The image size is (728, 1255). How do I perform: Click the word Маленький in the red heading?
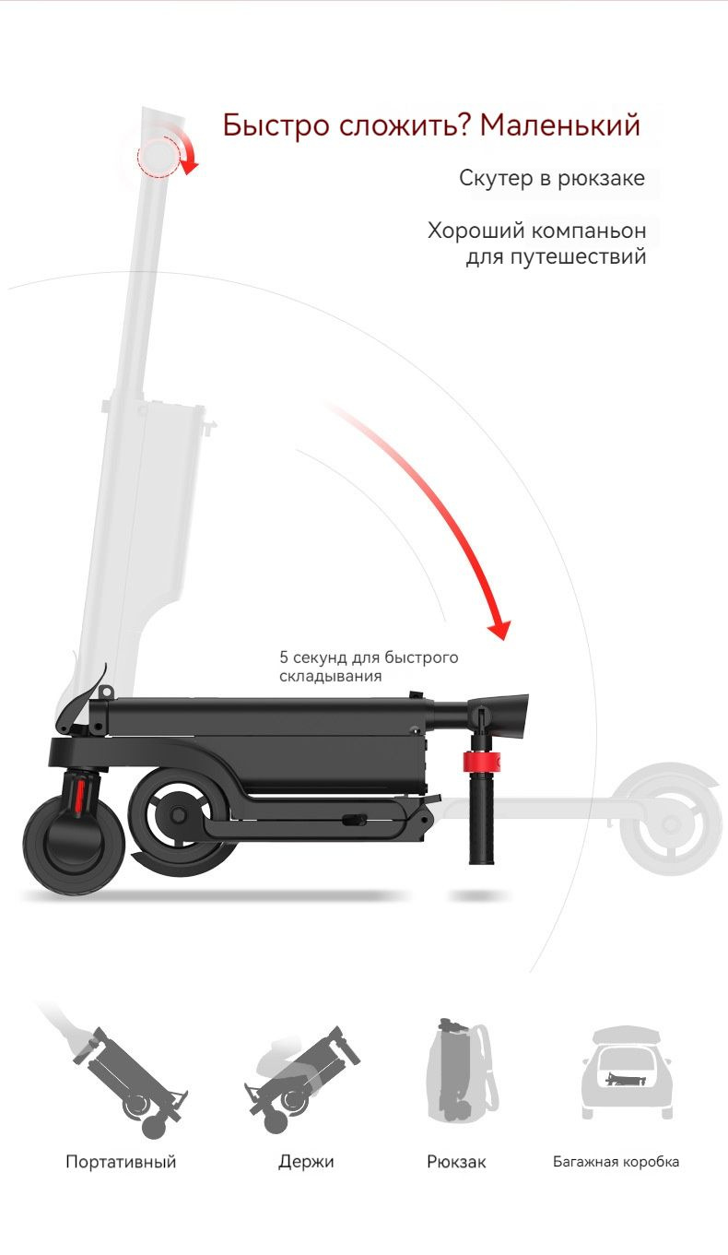pos(559,124)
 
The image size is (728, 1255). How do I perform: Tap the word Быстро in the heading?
pos(276,126)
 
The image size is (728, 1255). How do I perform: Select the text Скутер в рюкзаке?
pos(552,178)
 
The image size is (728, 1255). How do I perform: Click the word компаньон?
pos(588,230)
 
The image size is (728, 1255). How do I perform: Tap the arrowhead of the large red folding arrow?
pos(499,630)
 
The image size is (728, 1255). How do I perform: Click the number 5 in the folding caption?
pos(284,657)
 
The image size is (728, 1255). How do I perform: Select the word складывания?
pos(331,676)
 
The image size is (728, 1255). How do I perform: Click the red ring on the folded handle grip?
pos(481,762)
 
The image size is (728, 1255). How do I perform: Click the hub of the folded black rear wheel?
pos(179,815)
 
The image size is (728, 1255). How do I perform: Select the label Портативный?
pos(121,1162)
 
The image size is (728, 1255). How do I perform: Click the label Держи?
pos(306,1162)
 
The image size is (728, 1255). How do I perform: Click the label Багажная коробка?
pos(616,1162)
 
